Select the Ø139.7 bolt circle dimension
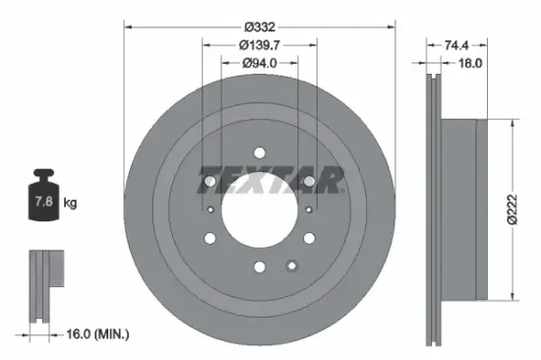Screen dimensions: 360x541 point(260,44)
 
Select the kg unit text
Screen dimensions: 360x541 point(70,204)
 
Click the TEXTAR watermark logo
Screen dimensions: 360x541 point(270,181)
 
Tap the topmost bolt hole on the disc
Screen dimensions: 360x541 point(260,152)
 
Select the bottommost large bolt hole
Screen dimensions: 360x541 point(260,266)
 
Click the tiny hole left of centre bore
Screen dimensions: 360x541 point(210,210)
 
